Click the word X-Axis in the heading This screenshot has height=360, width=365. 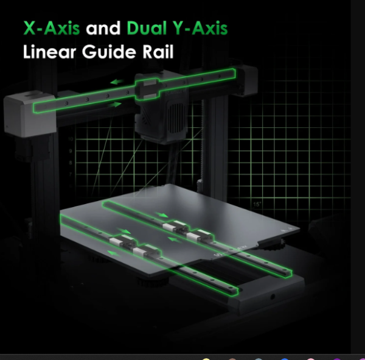[x=52, y=28]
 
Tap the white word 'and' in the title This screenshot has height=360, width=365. [x=103, y=28]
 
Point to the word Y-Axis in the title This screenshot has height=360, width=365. [x=200, y=28]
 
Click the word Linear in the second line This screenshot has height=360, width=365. [x=50, y=52]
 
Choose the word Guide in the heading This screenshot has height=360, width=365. [x=109, y=52]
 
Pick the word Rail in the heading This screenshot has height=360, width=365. [x=158, y=52]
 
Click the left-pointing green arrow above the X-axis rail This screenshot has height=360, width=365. [x=117, y=82]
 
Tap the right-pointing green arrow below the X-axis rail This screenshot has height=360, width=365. [x=115, y=104]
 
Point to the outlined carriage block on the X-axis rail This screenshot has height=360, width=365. [x=147, y=90]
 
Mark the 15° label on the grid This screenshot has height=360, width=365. [x=257, y=204]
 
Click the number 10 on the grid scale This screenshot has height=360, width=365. [x=71, y=139]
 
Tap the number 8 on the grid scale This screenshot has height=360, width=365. [x=71, y=163]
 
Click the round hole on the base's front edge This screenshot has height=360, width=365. [x=273, y=297]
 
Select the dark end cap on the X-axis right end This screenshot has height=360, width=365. [x=247, y=80]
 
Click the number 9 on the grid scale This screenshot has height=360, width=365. [x=71, y=151]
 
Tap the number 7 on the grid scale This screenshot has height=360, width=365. [x=71, y=174]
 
